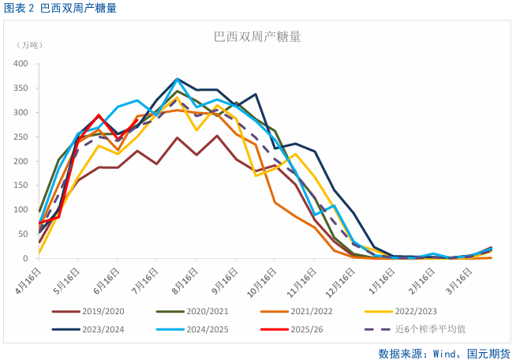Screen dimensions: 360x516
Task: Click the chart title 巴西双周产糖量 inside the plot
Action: point(257,36)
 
